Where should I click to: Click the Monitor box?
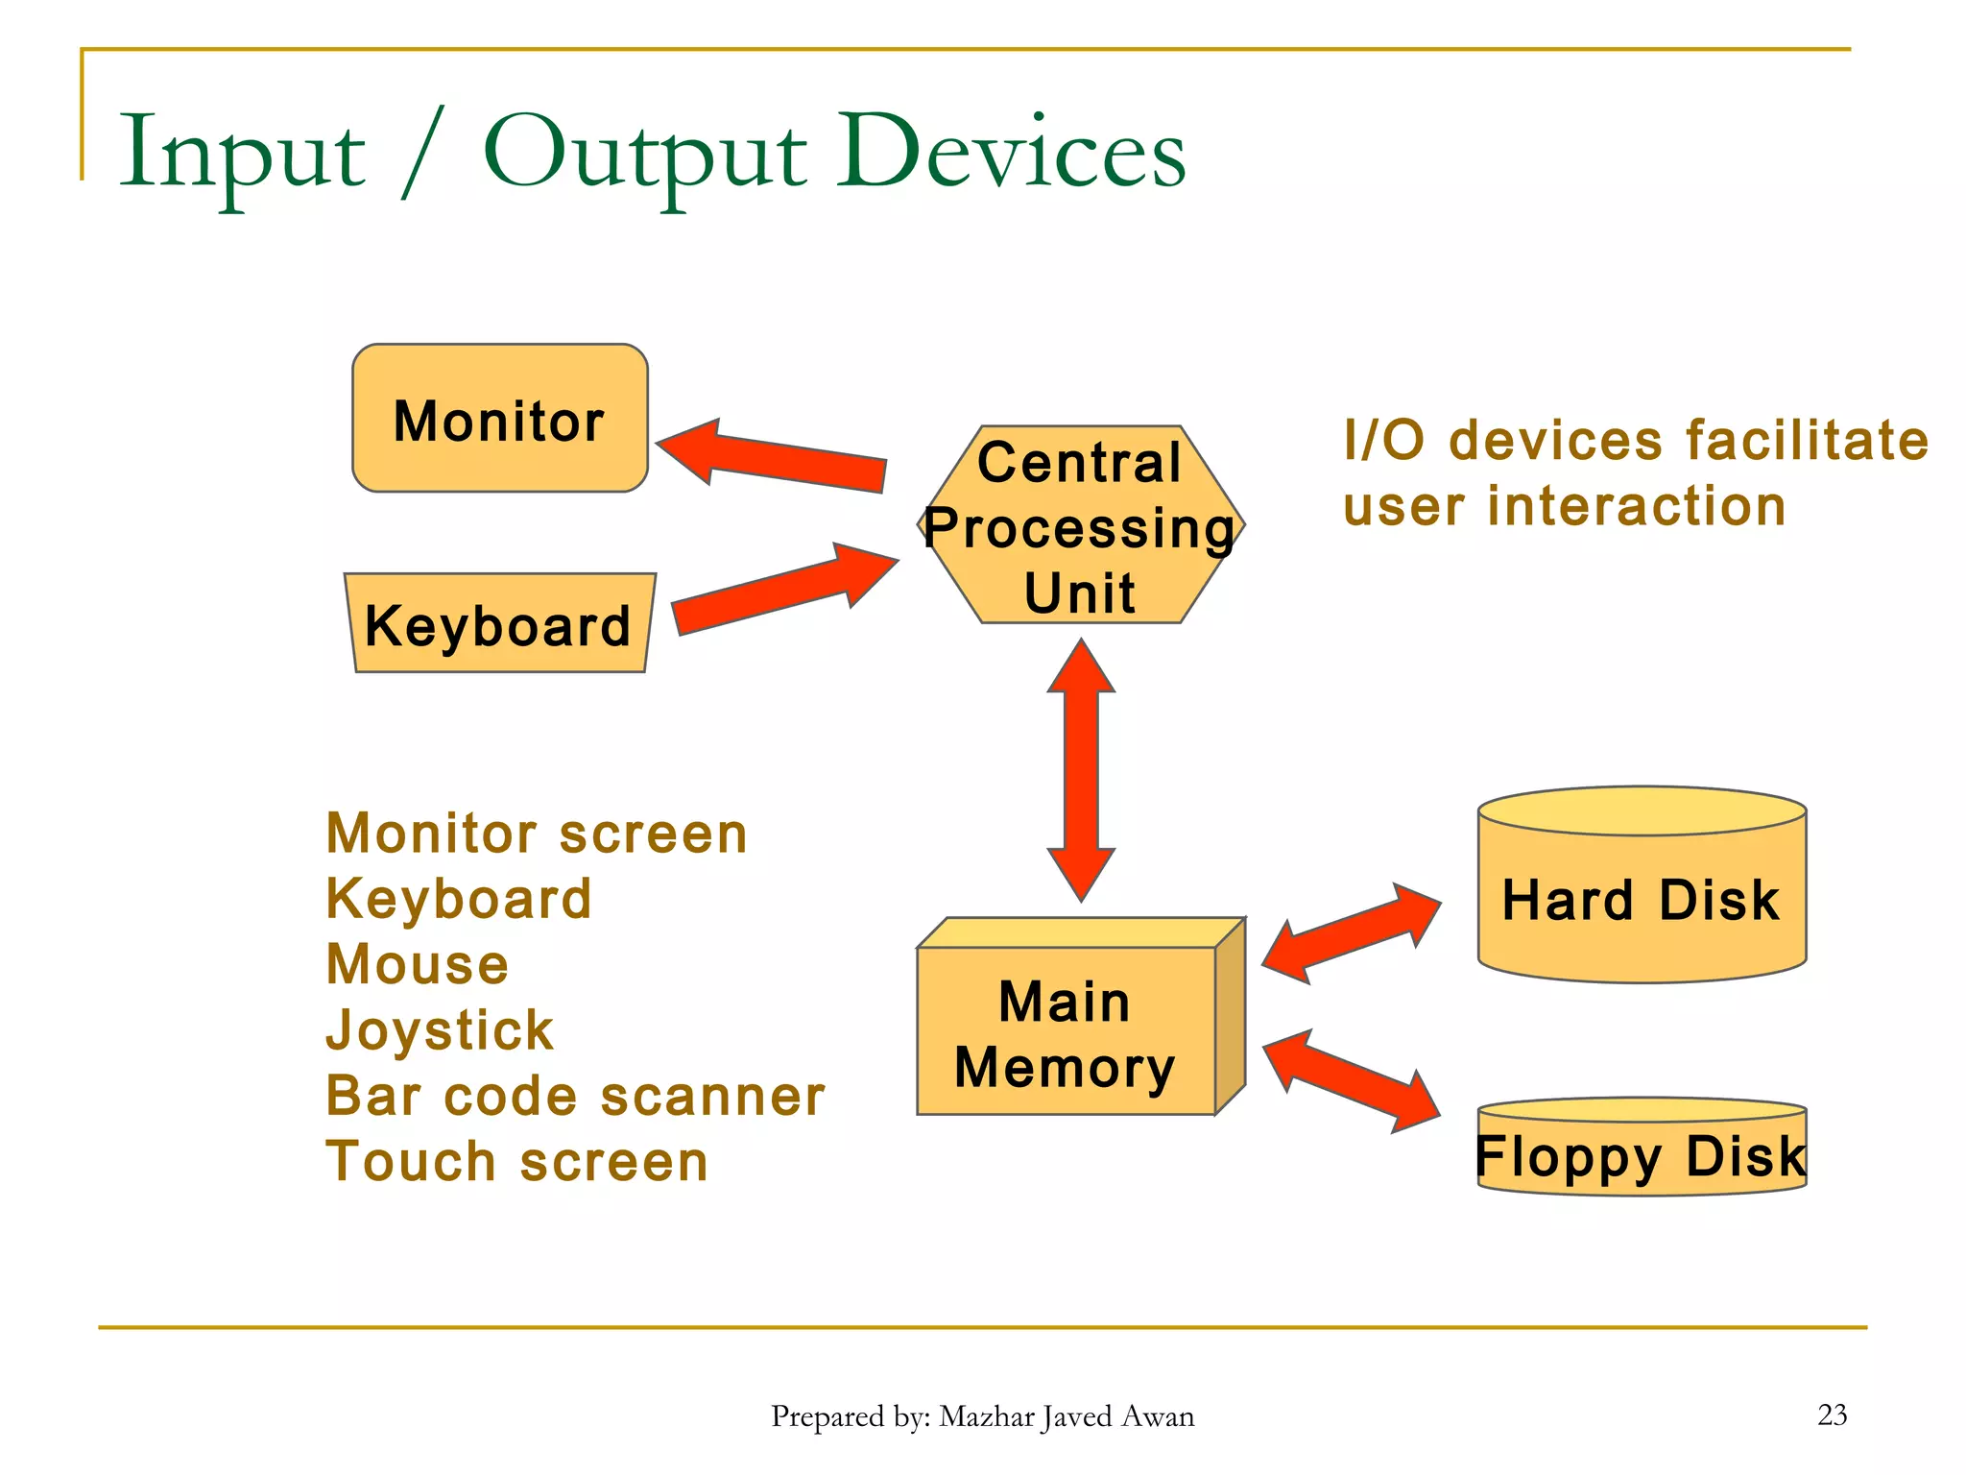pyautogui.click(x=499, y=419)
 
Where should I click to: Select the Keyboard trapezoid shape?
pyautogui.click(x=499, y=624)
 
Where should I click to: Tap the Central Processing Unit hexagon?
pyautogui.click(x=1081, y=526)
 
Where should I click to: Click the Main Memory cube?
pyautogui.click(x=1066, y=1032)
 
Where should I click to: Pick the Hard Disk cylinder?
pyautogui.click(x=1642, y=898)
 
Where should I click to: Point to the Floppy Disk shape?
pyautogui.click(x=1642, y=1152)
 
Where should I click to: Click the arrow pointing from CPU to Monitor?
pyautogui.click(x=778, y=455)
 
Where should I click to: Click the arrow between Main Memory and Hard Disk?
pyautogui.click(x=1352, y=933)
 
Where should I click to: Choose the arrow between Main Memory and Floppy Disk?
pyautogui.click(x=1352, y=1080)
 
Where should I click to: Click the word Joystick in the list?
pyautogui.click(x=440, y=1029)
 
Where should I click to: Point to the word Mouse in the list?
pyautogui.click(x=417, y=964)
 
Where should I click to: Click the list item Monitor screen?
pyautogui.click(x=536, y=833)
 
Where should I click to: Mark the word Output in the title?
pyautogui.click(x=645, y=154)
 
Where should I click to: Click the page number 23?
pyautogui.click(x=1832, y=1415)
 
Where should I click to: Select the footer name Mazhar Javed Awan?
pyautogui.click(x=1066, y=1416)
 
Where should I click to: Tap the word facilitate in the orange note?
pyautogui.click(x=1807, y=441)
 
